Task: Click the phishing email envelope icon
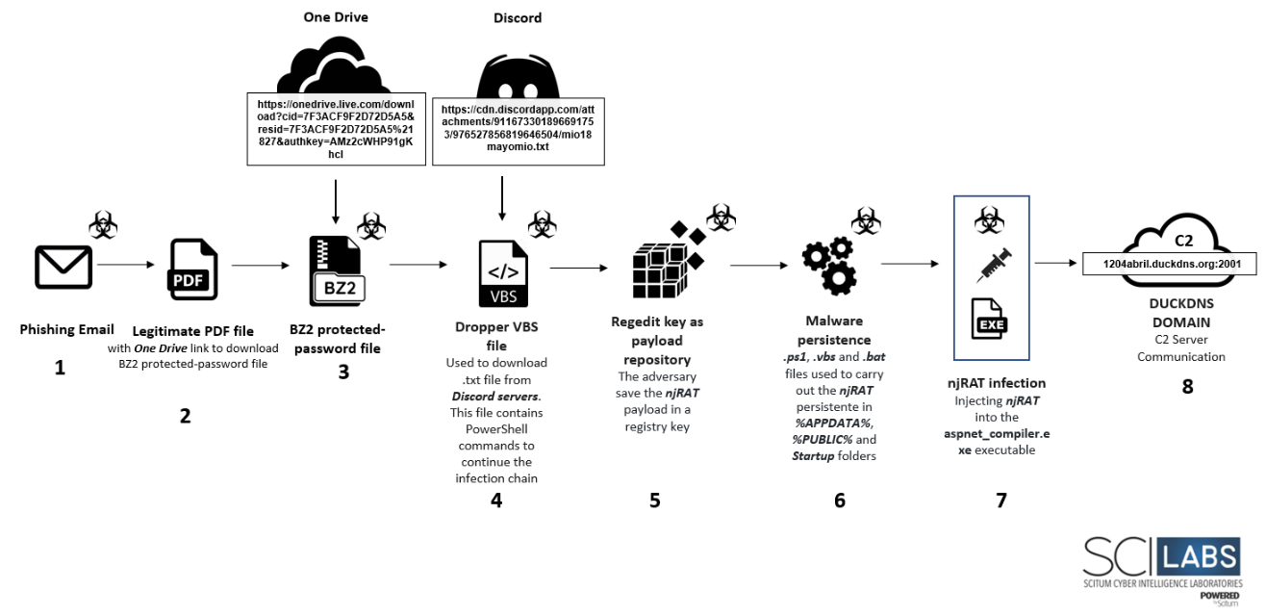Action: tap(63, 267)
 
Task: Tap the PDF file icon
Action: tap(192, 269)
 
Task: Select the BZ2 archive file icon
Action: tap(337, 271)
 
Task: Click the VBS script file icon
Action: tap(503, 273)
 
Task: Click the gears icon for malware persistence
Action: tap(829, 266)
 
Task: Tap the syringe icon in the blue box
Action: tap(994, 265)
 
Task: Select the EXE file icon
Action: tap(989, 319)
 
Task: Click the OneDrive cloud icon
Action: tap(334, 65)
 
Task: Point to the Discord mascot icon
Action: tap(518, 77)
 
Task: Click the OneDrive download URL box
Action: tap(337, 129)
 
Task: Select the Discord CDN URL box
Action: tap(519, 132)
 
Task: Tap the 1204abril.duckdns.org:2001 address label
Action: tap(1172, 264)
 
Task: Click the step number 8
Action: tap(1187, 386)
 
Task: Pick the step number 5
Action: tap(654, 500)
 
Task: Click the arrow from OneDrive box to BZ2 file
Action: tap(336, 202)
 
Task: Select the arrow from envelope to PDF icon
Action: tap(126, 264)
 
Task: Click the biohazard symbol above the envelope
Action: tap(103, 224)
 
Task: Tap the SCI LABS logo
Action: tap(1162, 570)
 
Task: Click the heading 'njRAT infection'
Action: tap(997, 383)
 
